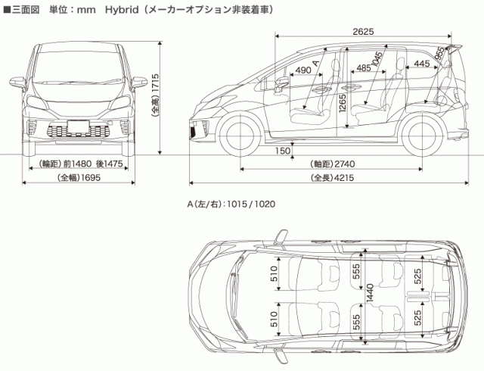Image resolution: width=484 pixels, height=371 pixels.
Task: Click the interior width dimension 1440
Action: click(370, 298)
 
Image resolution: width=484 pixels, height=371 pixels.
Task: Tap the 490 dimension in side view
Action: click(302, 70)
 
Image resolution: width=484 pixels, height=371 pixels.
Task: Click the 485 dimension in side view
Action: click(363, 68)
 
